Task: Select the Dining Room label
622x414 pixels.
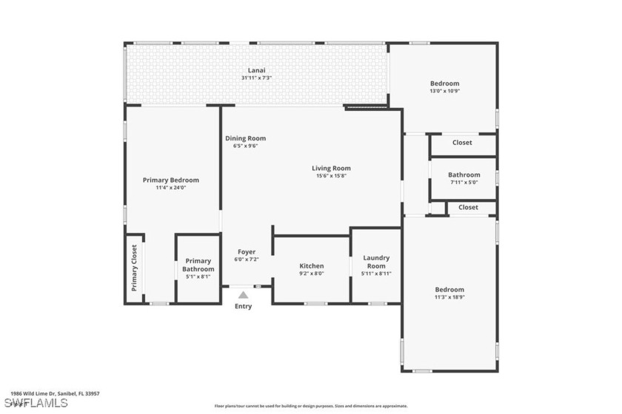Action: pos(245,138)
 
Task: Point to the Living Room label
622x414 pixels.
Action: pos(331,168)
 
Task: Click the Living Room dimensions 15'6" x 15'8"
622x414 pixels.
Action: pos(331,176)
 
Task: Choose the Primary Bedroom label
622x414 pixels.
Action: pos(171,180)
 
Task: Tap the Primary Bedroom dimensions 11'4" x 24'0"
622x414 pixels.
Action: pos(171,188)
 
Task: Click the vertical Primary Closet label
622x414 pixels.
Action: pos(134,268)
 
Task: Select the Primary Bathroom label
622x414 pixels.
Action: pos(198,265)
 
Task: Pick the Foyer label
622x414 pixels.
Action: pos(247,252)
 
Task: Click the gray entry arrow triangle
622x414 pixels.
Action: pos(243,294)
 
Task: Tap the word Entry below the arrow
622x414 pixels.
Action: pos(243,306)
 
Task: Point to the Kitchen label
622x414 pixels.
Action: pos(311,265)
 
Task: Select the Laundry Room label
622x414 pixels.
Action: pos(376,262)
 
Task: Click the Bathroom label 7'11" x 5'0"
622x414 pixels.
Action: pos(464,175)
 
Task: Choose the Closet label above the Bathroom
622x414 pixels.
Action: pos(462,143)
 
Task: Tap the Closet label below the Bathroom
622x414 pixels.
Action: pos(468,208)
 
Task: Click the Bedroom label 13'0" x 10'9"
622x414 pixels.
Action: pos(444,84)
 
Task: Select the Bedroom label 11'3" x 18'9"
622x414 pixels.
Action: pos(449,289)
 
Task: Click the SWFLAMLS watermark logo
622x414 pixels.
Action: pos(35,403)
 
